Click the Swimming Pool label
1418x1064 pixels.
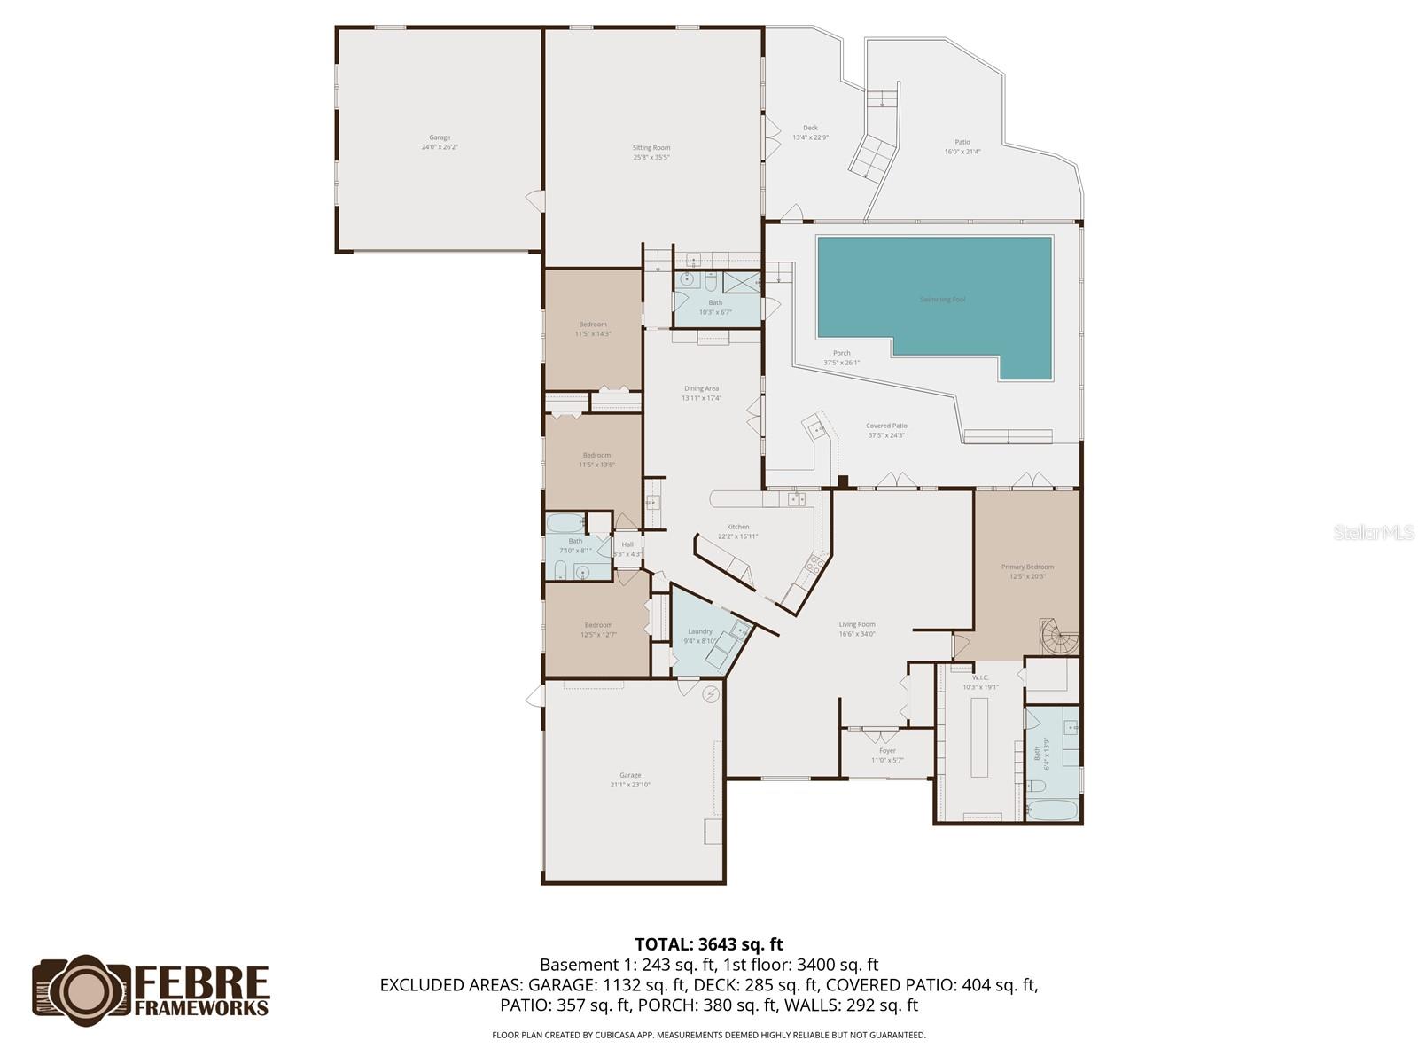click(x=941, y=300)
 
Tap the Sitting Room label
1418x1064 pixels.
click(x=651, y=153)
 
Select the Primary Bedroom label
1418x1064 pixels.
click(x=1027, y=571)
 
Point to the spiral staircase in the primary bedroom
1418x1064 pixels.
click(x=1061, y=637)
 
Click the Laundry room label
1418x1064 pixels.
click(x=700, y=636)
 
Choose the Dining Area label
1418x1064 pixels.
click(x=701, y=393)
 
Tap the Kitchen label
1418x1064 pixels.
click(x=737, y=531)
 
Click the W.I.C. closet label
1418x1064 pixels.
click(x=979, y=682)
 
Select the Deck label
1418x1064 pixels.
click(x=810, y=132)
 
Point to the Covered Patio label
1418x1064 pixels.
click(x=886, y=430)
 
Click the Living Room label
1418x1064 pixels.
click(x=857, y=629)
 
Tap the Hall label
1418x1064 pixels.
click(x=627, y=549)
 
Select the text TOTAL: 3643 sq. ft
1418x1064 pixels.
click(x=708, y=944)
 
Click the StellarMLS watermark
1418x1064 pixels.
click(x=1372, y=533)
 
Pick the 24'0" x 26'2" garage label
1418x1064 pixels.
click(x=440, y=142)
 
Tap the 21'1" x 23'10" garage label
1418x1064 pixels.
click(x=630, y=779)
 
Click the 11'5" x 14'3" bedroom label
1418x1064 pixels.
click(x=593, y=329)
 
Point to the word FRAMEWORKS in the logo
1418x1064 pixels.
click(x=201, y=1007)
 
